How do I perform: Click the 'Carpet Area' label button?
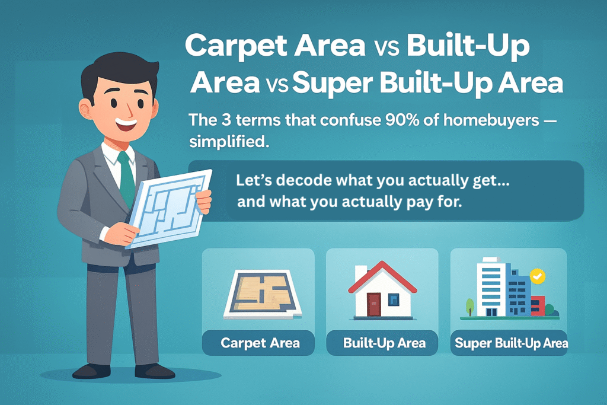(260, 343)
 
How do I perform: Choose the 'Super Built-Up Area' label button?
(510, 343)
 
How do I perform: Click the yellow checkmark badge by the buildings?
(537, 276)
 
